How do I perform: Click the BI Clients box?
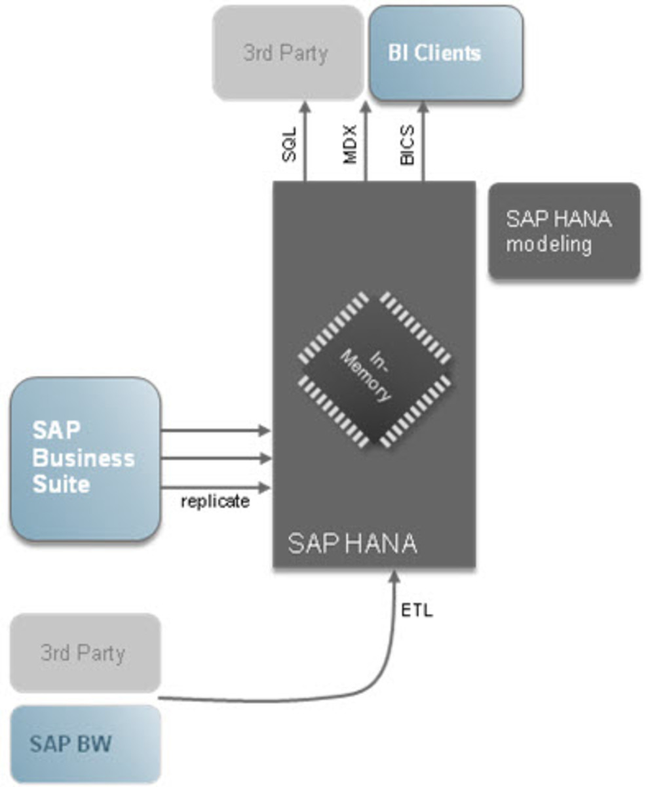pos(446,53)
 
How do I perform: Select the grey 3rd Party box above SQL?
pos(287,53)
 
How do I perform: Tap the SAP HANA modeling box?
pos(564,232)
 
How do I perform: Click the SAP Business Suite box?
pos(85,458)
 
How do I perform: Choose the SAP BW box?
pos(85,744)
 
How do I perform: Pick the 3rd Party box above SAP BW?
pos(85,653)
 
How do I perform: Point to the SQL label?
pos(289,145)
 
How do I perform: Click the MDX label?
pos(350,145)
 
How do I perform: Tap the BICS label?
pos(407,145)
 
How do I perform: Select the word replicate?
pos(215,502)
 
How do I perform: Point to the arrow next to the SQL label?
pos(305,141)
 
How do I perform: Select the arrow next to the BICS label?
pos(423,141)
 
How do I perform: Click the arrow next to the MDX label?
pos(365,141)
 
